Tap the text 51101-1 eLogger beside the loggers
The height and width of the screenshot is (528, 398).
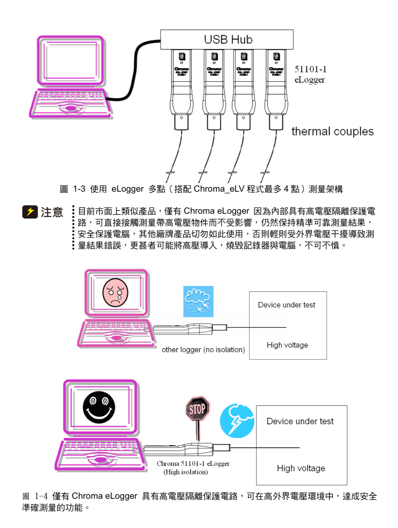(x=310, y=74)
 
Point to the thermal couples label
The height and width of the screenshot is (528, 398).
(x=332, y=131)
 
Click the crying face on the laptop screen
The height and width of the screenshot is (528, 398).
(x=115, y=293)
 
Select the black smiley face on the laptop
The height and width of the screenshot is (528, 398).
(x=99, y=407)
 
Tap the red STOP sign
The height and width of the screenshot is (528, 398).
(x=197, y=409)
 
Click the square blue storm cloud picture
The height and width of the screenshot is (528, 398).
(x=198, y=301)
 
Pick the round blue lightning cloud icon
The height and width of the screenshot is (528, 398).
(x=237, y=421)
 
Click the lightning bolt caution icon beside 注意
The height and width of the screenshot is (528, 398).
(x=30, y=212)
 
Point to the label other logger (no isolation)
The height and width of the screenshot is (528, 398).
(x=203, y=350)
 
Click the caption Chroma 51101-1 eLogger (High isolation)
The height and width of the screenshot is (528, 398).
(x=193, y=468)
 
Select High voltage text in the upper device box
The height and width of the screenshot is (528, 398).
(x=287, y=345)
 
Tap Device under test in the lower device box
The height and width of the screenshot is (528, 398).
(x=300, y=421)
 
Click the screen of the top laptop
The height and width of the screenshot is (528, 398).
(x=71, y=61)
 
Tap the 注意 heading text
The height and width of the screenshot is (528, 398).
(x=52, y=212)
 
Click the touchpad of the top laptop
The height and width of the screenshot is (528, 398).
(x=71, y=108)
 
